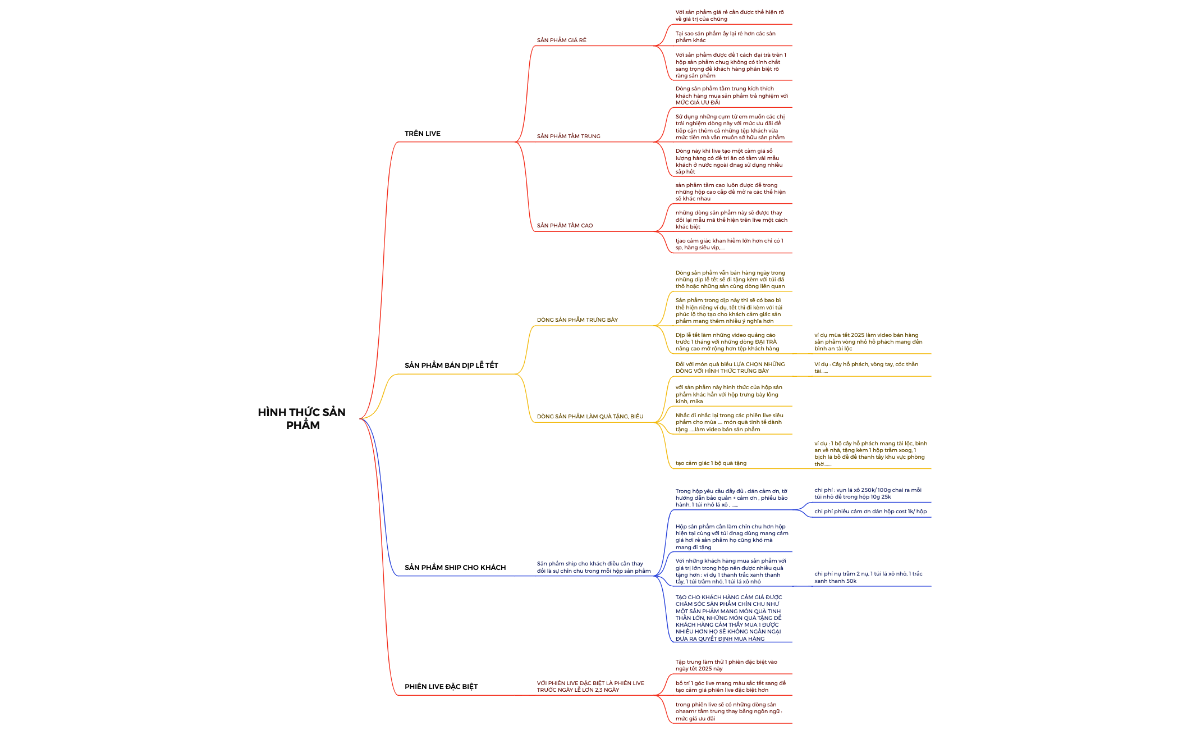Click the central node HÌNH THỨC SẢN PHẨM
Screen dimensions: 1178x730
click(302, 418)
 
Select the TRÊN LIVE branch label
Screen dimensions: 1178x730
click(423, 133)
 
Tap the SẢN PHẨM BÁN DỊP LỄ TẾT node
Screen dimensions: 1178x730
click(451, 365)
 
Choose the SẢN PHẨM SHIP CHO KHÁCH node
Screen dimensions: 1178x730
click(455, 567)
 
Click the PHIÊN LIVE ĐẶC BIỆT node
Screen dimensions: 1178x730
click(441, 686)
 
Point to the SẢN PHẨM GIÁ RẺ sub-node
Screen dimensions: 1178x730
click(561, 40)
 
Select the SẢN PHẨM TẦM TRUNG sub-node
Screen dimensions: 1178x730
click(569, 136)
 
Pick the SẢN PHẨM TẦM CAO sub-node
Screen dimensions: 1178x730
click(565, 225)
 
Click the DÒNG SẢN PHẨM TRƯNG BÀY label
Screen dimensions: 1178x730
click(577, 320)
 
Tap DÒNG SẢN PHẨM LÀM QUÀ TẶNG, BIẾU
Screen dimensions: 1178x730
click(590, 416)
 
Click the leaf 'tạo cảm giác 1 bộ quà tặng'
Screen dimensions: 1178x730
click(711, 463)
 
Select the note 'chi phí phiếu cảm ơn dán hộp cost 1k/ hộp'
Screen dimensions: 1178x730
click(870, 512)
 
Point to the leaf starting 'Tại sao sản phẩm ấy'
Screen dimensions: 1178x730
click(726, 36)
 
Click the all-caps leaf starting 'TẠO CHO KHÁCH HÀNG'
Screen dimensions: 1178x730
click(729, 618)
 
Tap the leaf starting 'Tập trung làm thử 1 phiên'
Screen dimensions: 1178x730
click(726, 665)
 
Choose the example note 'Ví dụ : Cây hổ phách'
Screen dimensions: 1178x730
click(866, 367)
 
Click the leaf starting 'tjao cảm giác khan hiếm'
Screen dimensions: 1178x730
click(729, 244)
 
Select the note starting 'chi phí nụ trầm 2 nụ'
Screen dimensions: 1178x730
click(868, 577)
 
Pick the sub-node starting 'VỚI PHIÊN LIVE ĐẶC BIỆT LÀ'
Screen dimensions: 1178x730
click(590, 686)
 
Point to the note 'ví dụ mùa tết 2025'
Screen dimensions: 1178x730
click(868, 341)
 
